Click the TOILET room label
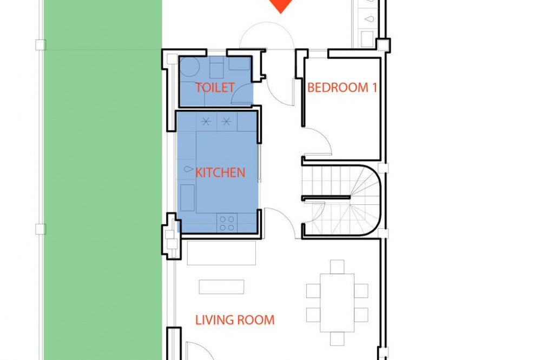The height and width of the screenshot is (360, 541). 215,87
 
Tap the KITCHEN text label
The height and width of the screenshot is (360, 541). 220,172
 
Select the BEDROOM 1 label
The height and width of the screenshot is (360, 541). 342,87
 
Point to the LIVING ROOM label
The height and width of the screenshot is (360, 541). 235,320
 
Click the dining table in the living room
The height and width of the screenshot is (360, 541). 337,303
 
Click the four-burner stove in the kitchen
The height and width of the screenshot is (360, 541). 227,223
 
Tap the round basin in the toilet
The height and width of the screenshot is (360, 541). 189,66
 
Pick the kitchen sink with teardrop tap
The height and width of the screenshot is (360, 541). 188,169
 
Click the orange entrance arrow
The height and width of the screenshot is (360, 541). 281,5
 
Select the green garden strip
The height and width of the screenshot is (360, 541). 103,180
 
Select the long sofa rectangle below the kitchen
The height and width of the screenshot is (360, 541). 221,253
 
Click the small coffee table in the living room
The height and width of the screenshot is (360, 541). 221,287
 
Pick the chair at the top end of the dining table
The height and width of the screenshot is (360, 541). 337,267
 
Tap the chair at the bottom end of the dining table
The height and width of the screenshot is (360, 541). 337,338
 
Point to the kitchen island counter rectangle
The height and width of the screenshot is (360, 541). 227,172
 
